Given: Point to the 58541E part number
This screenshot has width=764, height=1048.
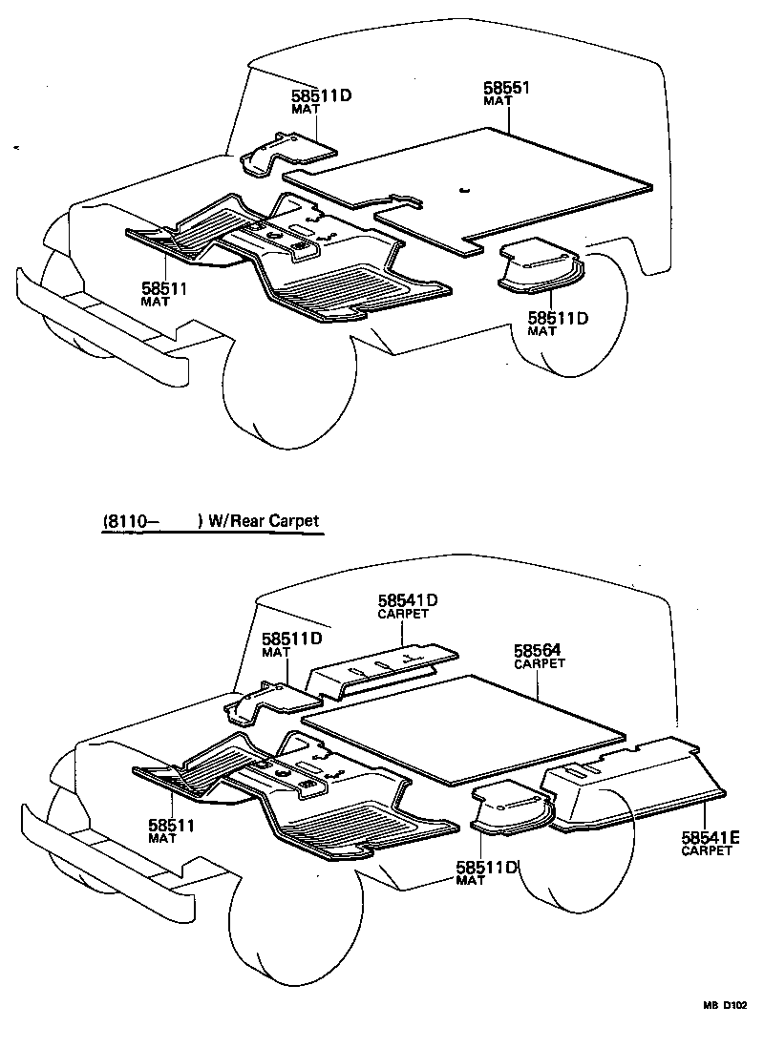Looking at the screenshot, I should [x=711, y=837].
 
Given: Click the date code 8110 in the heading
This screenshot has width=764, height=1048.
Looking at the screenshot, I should [x=126, y=521].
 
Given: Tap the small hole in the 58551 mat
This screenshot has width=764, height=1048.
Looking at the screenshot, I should [x=463, y=189].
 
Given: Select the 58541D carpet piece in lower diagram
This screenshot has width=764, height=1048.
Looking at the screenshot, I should [x=382, y=664].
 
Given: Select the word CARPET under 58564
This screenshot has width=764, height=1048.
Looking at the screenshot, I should [x=540, y=663].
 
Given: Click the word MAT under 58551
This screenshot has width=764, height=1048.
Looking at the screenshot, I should [x=499, y=101].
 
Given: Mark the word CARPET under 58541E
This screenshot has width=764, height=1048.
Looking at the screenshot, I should [x=707, y=850].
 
